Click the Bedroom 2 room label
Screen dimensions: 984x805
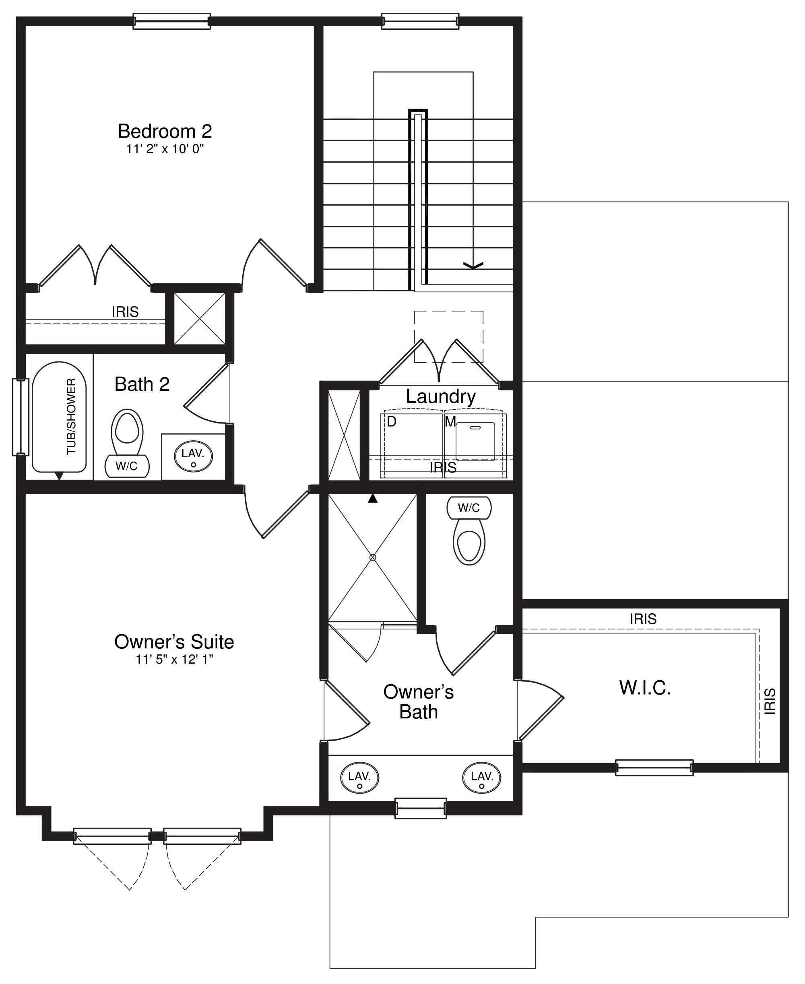(165, 131)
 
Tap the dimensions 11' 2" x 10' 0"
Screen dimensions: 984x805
(165, 149)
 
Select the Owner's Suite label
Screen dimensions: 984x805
(174, 642)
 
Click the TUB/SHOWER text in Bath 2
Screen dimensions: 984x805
(71, 417)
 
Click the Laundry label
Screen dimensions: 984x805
(440, 396)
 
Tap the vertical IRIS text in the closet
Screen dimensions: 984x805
(769, 701)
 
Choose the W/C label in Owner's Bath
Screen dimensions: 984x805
(469, 508)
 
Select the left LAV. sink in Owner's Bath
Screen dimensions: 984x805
(359, 778)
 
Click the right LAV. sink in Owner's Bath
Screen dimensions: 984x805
(482, 778)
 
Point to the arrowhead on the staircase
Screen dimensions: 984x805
(473, 265)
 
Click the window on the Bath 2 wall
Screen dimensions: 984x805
(20, 417)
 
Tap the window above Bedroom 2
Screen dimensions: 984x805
(171, 21)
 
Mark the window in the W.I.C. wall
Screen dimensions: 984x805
(654, 767)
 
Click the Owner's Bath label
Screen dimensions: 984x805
(418, 701)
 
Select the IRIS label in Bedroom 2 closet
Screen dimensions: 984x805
(125, 311)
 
